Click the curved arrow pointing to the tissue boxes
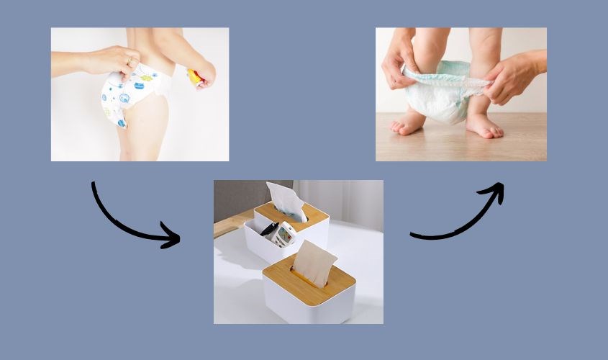[x=130, y=223]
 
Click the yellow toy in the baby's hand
[x=194, y=76]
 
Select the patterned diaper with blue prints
[x=130, y=94]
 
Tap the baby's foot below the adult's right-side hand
[x=484, y=126]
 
